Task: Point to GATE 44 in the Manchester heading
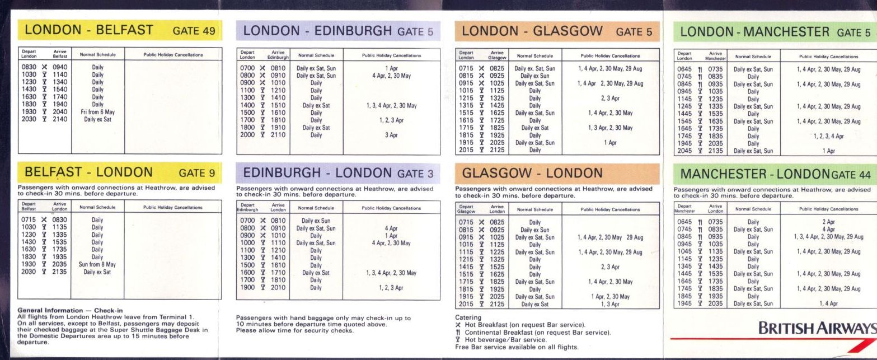851,175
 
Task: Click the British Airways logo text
817,329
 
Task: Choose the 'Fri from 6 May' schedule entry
98,112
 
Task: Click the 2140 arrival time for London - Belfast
59,119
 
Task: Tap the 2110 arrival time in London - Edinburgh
278,135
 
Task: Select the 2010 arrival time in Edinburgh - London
278,288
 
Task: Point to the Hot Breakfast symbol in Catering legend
458,325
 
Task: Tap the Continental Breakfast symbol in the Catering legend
458,333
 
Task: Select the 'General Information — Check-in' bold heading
71,310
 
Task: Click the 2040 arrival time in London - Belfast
59,112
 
